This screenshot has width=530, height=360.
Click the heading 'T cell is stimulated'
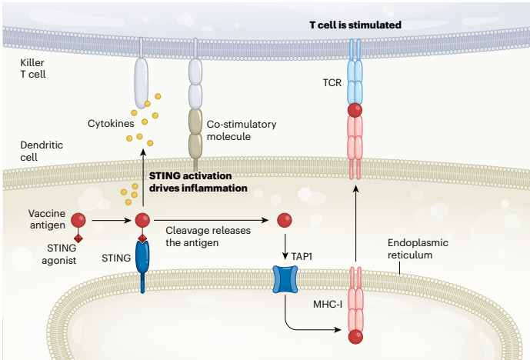(x=355, y=25)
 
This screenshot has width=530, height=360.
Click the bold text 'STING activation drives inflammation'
(x=198, y=182)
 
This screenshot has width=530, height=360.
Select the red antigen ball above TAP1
(x=285, y=220)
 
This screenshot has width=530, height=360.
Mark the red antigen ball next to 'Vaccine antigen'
(x=78, y=220)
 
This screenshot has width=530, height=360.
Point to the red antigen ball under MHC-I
(x=355, y=337)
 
